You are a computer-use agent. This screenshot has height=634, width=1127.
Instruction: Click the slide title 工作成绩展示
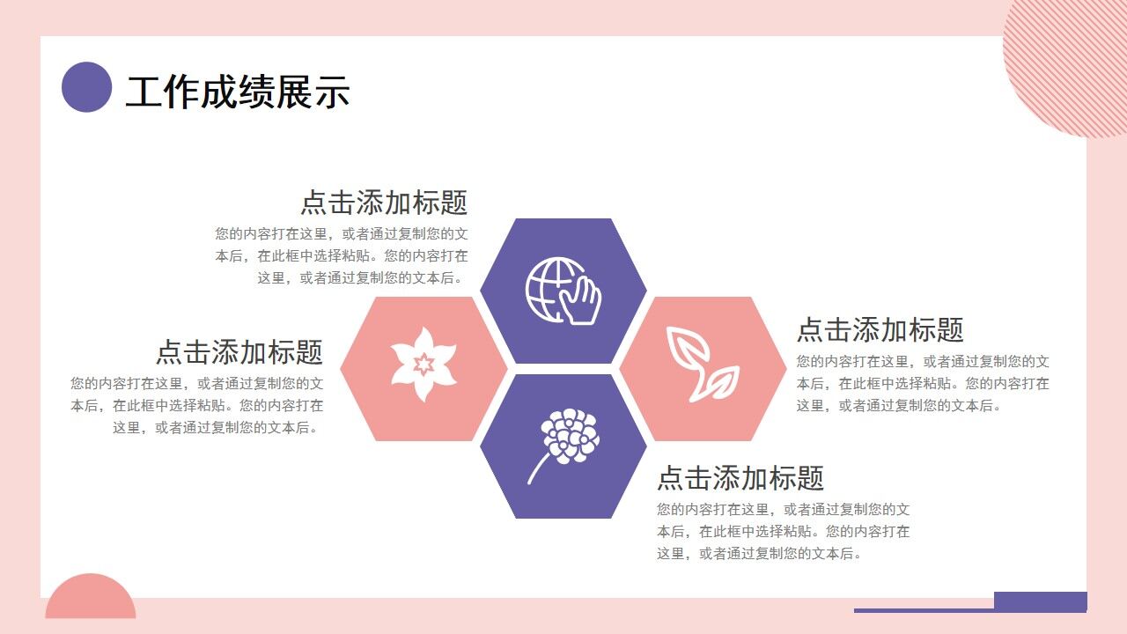click(x=238, y=92)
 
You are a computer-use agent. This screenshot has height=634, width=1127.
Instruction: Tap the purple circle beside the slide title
click(x=86, y=87)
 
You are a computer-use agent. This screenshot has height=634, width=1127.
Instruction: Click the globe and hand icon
click(x=563, y=291)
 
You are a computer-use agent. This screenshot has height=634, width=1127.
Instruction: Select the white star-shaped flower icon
click(x=424, y=365)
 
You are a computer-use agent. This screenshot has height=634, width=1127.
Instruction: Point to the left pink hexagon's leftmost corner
click(x=342, y=368)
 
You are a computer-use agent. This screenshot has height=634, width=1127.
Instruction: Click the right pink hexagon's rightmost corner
click(x=785, y=368)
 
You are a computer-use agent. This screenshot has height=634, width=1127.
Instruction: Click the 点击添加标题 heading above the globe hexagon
click(x=384, y=203)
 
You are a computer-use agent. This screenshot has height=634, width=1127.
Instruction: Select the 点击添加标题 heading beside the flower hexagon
click(x=239, y=352)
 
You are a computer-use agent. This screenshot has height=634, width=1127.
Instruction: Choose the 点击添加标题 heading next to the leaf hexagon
click(x=880, y=330)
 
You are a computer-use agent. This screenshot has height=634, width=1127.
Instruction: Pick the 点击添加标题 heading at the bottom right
click(x=740, y=478)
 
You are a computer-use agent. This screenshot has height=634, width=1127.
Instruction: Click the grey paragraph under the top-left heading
click(x=342, y=256)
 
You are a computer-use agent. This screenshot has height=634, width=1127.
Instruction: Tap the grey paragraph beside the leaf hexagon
click(x=923, y=384)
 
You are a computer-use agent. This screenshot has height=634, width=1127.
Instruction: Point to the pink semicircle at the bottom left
click(x=90, y=599)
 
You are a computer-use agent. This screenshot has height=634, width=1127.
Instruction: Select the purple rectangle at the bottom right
click(x=1040, y=601)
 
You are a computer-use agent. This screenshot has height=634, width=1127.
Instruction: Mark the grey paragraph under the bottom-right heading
click(x=783, y=532)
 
